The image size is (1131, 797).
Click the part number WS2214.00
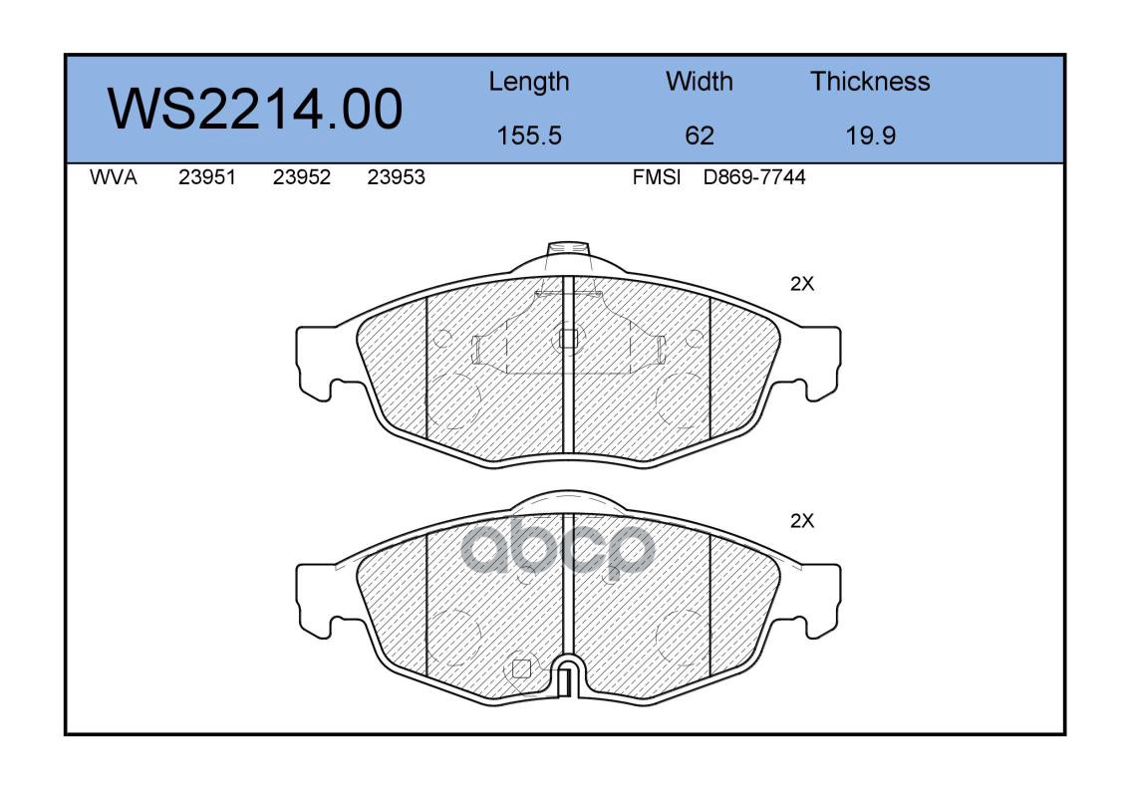pyautogui.click(x=255, y=109)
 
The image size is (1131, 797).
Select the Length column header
pyautogui.click(x=529, y=83)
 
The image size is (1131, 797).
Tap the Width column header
pyautogui.click(x=699, y=81)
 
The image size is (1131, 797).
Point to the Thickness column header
pyautogui.click(x=870, y=81)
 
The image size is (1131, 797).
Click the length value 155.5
pyautogui.click(x=529, y=135)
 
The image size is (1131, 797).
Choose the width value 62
pyautogui.click(x=699, y=135)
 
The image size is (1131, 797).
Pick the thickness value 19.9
pyautogui.click(x=871, y=135)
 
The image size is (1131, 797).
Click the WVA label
pyautogui.click(x=114, y=177)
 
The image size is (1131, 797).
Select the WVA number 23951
pyautogui.click(x=207, y=177)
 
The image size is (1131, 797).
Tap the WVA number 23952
pyautogui.click(x=302, y=177)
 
